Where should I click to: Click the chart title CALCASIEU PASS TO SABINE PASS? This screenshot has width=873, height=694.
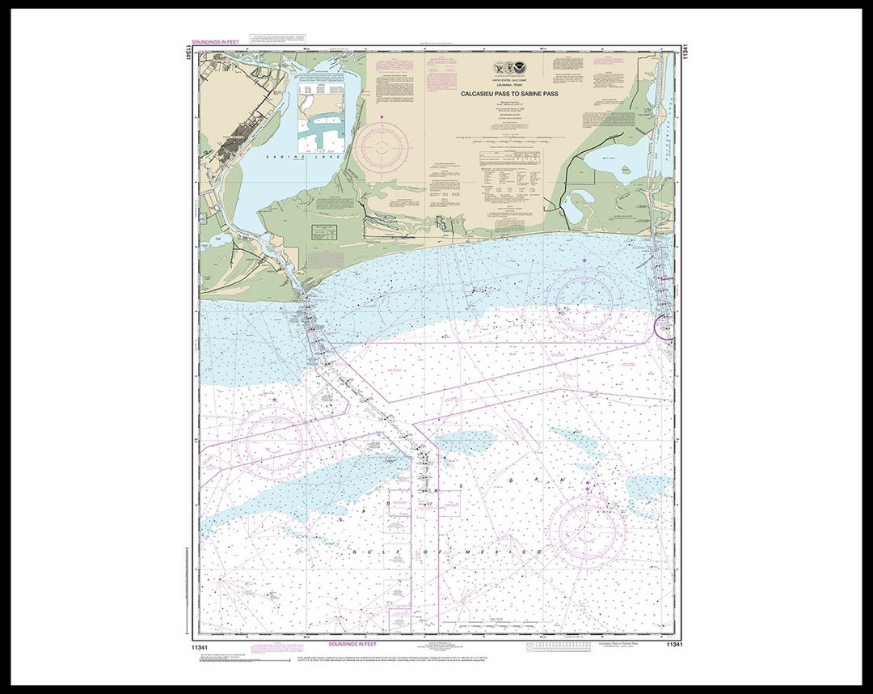[x=509, y=93]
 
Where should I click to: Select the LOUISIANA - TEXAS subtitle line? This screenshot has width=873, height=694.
[x=509, y=86]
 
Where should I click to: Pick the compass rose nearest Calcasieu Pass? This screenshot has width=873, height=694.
[x=584, y=301]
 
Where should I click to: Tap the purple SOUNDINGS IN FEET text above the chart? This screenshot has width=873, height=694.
[x=215, y=41]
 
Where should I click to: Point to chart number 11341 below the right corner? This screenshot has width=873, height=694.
[x=675, y=644]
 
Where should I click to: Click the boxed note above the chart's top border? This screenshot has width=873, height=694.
[x=278, y=38]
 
